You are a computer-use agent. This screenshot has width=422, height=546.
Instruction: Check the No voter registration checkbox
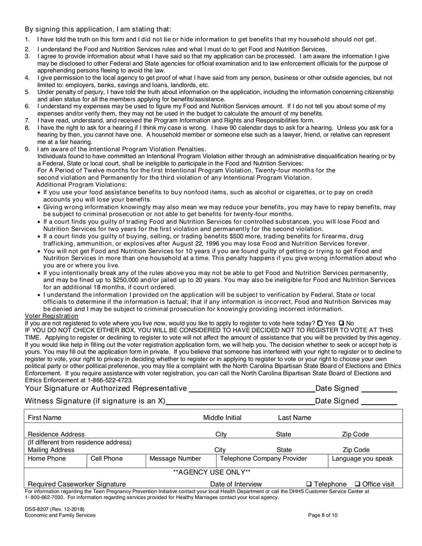pos(341,323)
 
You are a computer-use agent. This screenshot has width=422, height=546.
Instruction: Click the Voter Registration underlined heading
pos(51,315)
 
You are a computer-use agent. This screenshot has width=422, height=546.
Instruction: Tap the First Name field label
pos(44,418)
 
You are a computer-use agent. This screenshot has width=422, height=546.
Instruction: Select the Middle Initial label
pos(222,418)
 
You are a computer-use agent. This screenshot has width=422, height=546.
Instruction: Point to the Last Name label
pos(294,418)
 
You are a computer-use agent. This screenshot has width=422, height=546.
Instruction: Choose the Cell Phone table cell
pos(107,458)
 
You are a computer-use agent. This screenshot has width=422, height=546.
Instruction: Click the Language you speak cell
pos(362,458)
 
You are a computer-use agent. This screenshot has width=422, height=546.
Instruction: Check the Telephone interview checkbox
pos(309,484)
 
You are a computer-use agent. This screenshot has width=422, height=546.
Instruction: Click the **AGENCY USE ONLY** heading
pos(212,472)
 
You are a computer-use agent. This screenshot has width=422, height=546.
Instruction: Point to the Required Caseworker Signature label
pos(76,484)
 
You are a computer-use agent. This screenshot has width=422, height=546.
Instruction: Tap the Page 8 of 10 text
pos(322,515)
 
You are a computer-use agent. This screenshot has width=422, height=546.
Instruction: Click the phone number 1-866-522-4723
pos(108,380)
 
